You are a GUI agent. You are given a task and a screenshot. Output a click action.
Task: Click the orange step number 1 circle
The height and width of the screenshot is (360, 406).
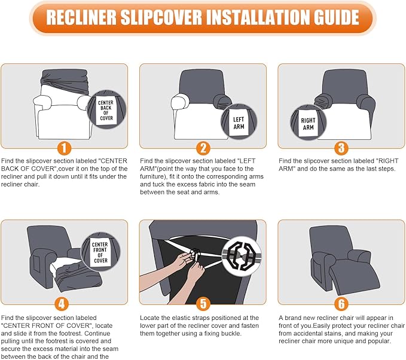tap(64, 148)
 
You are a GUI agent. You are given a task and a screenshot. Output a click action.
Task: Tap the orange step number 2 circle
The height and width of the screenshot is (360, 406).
tap(203, 148)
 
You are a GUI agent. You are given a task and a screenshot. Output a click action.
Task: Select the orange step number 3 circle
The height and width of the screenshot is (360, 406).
tap(341, 148)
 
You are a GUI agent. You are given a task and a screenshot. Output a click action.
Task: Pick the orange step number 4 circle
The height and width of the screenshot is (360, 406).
tap(62, 304)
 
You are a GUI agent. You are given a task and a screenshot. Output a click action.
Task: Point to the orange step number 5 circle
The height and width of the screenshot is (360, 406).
tap(203, 304)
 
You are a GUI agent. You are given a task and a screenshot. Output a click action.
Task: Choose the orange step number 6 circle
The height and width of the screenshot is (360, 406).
tap(341, 304)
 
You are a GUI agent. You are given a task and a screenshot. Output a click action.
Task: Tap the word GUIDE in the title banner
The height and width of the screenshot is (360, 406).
tap(337, 17)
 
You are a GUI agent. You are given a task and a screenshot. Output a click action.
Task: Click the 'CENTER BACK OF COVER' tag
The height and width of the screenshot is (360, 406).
tap(106, 111)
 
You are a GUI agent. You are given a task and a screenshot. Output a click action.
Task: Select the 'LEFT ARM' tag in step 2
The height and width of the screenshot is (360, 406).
tap(239, 123)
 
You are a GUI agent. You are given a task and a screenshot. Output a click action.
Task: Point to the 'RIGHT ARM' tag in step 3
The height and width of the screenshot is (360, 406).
tap(308, 124)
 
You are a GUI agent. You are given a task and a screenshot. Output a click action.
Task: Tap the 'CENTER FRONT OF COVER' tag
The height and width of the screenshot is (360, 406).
tap(100, 252)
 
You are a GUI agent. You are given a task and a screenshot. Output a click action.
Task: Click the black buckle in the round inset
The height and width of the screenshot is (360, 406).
tap(242, 256)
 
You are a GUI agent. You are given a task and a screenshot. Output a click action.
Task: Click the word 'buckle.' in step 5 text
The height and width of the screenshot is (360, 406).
tap(231, 333)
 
